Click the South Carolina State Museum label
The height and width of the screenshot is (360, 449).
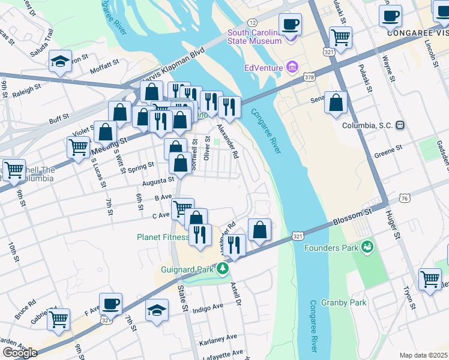[x=254, y=37]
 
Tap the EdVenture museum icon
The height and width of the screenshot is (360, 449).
[x=292, y=67]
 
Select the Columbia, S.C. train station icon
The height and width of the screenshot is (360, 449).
[x=399, y=126]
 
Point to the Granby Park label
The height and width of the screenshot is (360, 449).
[x=343, y=303]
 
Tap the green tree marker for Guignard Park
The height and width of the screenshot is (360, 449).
[x=223, y=268]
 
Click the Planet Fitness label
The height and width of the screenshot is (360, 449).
[x=161, y=236]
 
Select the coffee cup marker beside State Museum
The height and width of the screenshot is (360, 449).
[x=290, y=25]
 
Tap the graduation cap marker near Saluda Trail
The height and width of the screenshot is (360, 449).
[x=60, y=61]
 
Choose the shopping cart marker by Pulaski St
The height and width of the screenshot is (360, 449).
[x=340, y=37]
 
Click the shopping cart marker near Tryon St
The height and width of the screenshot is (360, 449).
[x=430, y=279]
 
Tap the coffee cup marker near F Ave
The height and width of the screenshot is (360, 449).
[x=110, y=304]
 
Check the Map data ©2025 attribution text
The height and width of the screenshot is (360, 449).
[x=423, y=355]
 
